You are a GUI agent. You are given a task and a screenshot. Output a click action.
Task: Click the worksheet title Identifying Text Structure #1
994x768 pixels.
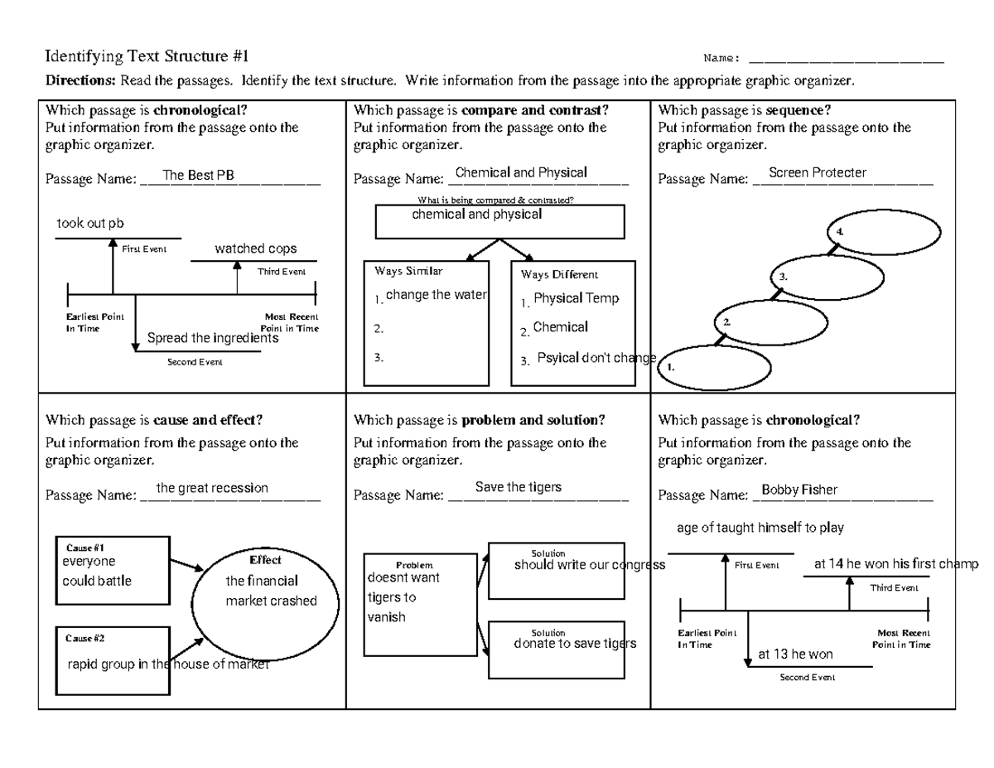coord(146,57)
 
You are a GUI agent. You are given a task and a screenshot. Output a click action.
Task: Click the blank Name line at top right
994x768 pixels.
coord(846,59)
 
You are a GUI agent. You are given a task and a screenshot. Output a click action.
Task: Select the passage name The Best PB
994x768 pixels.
coord(198,175)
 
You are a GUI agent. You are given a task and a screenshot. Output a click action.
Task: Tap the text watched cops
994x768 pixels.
coord(255,249)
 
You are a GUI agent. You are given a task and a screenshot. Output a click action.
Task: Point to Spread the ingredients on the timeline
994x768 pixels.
coord(212,338)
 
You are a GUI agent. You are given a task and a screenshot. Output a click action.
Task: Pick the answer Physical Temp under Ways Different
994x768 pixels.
coord(576,298)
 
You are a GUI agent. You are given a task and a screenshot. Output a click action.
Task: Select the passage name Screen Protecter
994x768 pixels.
coord(817,172)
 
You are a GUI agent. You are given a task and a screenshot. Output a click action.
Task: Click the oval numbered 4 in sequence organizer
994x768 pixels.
coord(885,237)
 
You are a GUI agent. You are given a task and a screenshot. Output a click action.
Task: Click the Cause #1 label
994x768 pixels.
coord(84,548)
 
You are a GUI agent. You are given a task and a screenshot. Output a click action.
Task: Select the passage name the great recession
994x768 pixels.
coord(212,488)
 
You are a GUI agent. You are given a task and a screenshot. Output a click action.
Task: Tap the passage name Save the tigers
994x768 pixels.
coord(519,487)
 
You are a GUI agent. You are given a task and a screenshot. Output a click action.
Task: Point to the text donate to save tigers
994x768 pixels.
coord(575,644)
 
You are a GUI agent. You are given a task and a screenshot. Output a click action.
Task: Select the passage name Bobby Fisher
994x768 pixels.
coord(799,490)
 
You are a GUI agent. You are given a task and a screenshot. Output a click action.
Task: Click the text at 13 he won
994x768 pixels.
coord(795,654)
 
